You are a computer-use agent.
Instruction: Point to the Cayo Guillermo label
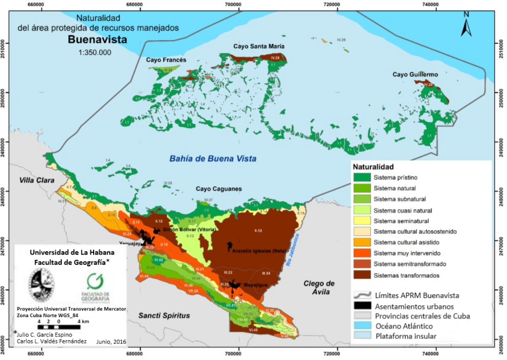415,75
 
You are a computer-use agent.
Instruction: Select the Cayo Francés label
166,60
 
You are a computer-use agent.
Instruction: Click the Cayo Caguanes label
219,189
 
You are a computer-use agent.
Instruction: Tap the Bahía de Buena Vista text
213,159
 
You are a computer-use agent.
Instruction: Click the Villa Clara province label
37,180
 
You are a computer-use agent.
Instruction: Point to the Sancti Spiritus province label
164,315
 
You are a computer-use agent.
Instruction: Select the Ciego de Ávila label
319,288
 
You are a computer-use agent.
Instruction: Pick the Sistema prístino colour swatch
362,177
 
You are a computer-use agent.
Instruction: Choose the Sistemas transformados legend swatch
362,275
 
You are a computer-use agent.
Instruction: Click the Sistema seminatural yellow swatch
362,221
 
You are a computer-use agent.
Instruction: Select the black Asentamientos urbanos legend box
362,305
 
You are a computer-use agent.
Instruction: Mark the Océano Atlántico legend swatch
362,326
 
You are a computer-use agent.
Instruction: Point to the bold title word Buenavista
97,40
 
